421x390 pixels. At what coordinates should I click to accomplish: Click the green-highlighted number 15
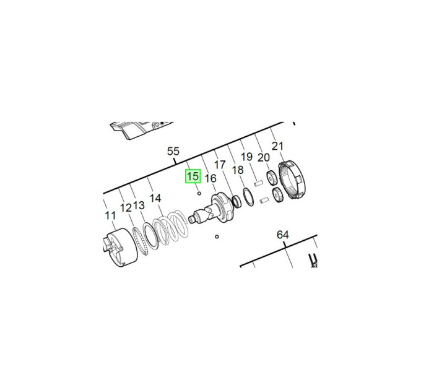[193, 176]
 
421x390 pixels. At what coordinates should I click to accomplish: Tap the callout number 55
[173, 152]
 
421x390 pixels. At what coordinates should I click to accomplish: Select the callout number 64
[283, 235]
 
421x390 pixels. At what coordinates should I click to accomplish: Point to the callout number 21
[277, 146]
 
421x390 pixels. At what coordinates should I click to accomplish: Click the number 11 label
[110, 215]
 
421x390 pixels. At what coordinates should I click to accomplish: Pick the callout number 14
[155, 198]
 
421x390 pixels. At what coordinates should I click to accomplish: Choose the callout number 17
[220, 165]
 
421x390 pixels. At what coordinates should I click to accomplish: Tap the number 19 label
[246, 157]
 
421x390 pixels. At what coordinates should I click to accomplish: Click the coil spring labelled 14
[170, 227]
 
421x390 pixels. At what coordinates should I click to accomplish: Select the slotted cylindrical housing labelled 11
[120, 247]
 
